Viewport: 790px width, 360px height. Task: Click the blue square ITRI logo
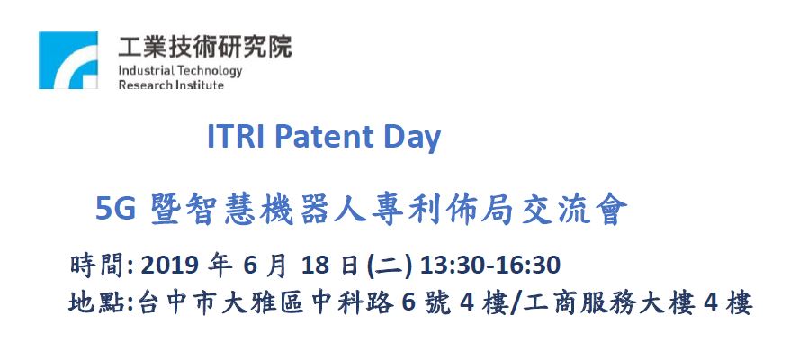click(68, 60)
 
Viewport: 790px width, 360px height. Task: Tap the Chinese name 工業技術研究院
click(204, 47)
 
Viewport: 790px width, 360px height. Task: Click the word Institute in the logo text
click(199, 85)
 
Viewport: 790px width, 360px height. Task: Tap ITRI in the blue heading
click(235, 137)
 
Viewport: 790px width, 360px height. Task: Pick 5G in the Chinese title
click(115, 210)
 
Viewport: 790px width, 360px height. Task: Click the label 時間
click(99, 265)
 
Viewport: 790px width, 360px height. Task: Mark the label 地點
click(98, 303)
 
